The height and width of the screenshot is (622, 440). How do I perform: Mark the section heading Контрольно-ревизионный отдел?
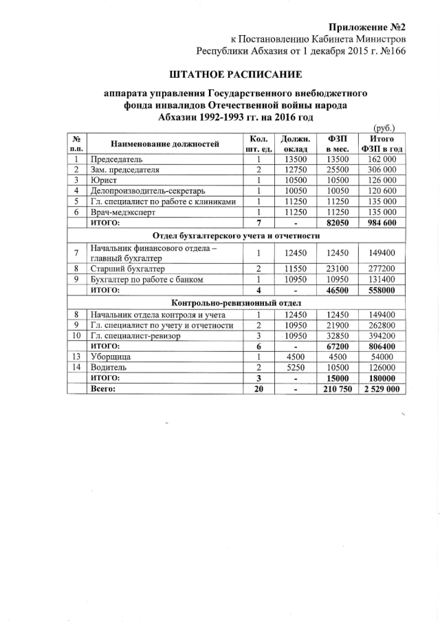[x=236, y=302]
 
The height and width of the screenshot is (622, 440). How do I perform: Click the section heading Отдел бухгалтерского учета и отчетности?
[x=236, y=236]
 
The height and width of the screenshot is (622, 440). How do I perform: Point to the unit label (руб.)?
[x=386, y=128]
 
